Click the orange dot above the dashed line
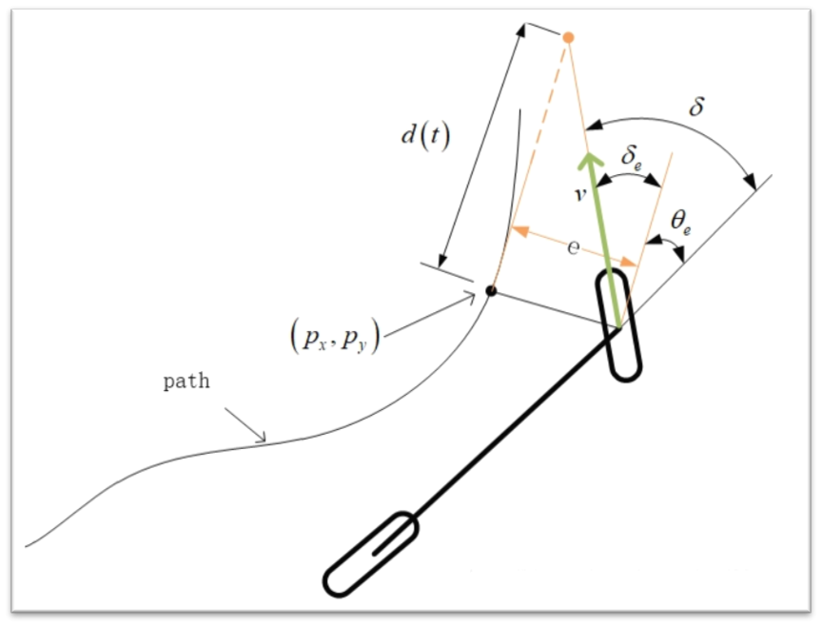point(568,37)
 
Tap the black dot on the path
point(491,290)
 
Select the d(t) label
point(425,137)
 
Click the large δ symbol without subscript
point(696,106)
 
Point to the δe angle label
point(631,157)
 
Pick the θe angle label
point(680,223)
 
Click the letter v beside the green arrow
point(579,194)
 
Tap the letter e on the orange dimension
point(574,247)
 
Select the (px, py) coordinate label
point(335,337)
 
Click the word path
point(186,381)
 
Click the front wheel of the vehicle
point(618,325)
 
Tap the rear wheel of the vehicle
point(371,555)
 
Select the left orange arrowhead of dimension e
point(520,230)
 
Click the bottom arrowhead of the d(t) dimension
point(443,260)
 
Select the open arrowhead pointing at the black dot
point(470,299)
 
